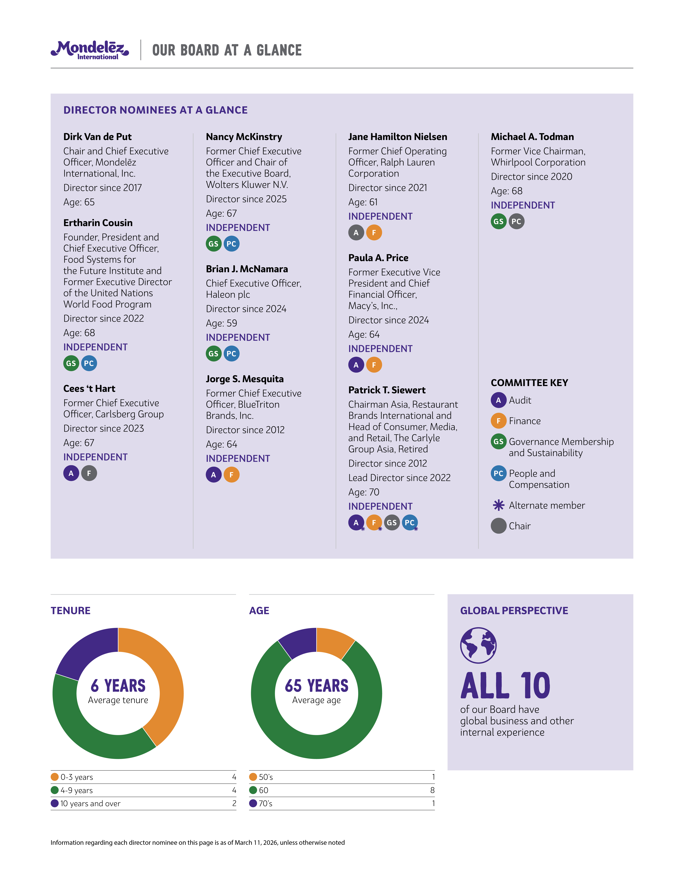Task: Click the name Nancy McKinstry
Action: coord(244,137)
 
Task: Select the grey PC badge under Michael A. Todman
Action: coord(516,222)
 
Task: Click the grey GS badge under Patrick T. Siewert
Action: coord(391,523)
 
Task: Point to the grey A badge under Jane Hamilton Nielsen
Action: coord(356,233)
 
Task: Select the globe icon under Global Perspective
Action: coord(478,645)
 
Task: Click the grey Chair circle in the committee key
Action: coord(498,526)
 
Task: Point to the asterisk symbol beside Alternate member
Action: coord(498,505)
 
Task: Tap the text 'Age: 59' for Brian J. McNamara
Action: coord(221,323)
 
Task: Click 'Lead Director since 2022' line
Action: coord(399,478)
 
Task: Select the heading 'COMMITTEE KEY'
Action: coord(529,383)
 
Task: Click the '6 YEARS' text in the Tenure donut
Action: coord(118,686)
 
